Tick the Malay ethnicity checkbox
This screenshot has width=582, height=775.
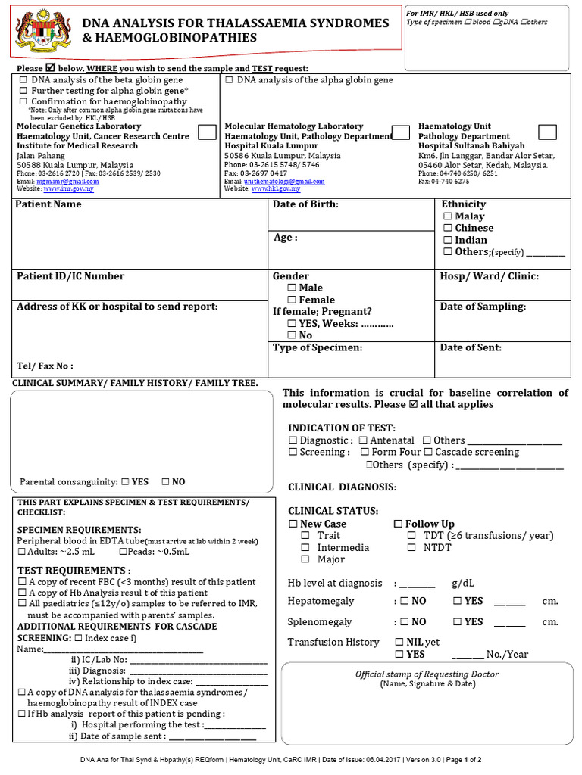coord(447,216)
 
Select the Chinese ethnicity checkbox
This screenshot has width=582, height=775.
coord(447,228)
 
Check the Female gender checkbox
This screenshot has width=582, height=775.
coord(292,300)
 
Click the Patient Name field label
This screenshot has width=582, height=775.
coord(48,204)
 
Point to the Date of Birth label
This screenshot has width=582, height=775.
coord(305,204)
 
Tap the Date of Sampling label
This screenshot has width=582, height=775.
coord(483,307)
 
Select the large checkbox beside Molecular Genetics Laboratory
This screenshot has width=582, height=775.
coord(205,132)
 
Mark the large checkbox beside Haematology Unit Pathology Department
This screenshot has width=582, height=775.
coord(547,132)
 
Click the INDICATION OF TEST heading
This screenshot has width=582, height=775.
coord(341,428)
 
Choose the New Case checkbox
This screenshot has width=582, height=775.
coord(293,524)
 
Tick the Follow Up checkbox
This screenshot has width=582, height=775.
coord(398,524)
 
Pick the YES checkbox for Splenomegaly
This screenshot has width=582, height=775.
coord(458,622)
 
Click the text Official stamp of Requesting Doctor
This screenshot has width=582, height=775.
coord(427,674)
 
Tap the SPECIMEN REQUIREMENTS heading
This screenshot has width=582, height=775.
coord(79,530)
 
